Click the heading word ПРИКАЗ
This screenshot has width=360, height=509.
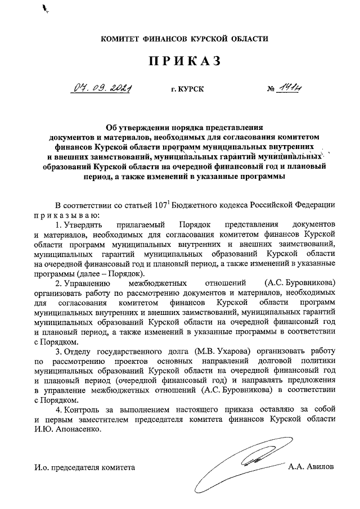(180, 62)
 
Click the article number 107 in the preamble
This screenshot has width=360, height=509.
(179, 205)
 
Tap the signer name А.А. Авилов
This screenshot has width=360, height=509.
(310, 467)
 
